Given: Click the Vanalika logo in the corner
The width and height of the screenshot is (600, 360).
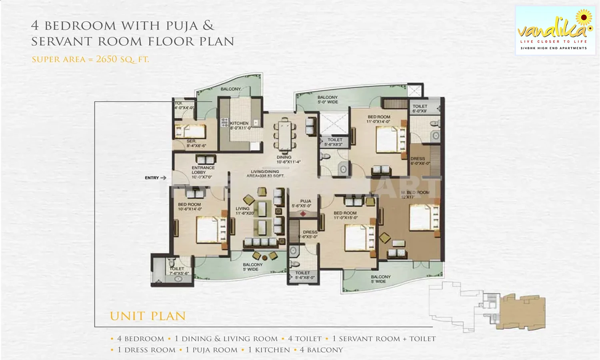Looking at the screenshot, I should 554,30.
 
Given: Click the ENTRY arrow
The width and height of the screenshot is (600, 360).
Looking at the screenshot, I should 163,178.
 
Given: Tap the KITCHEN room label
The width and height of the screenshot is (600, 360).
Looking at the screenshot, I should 240,125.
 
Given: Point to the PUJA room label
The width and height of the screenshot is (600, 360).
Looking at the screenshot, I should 306,203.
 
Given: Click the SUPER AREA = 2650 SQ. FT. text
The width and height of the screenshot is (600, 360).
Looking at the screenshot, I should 90,60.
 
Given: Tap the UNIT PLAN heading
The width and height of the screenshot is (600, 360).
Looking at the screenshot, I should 148,316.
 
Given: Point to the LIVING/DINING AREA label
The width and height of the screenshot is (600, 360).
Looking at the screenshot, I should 265,174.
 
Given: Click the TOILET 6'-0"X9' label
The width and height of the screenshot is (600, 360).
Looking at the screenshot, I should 420,108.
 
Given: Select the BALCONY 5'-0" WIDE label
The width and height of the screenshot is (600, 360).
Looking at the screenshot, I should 328,100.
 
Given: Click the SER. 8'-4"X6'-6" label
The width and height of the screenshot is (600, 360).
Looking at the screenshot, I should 196,143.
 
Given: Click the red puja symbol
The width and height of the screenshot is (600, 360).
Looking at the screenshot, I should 303,214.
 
